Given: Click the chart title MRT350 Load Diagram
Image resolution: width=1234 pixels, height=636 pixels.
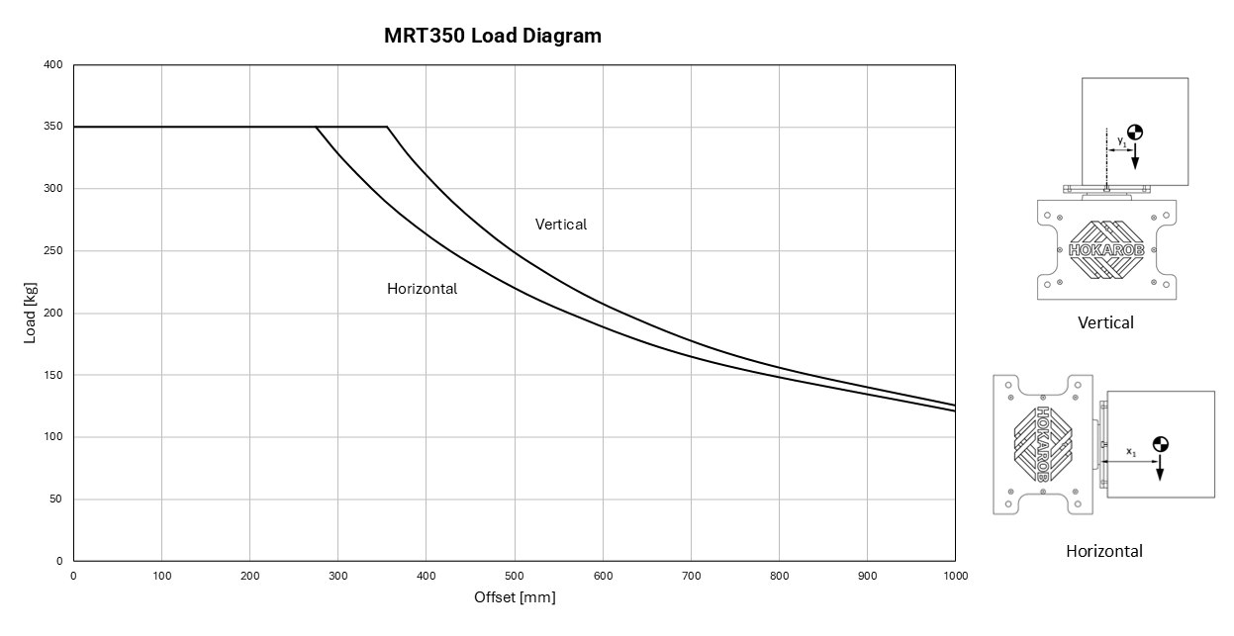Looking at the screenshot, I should click(492, 36).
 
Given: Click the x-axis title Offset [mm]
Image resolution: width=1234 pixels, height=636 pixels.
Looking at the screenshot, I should click(515, 597).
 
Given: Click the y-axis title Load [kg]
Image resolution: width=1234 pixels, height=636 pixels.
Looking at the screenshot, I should click(30, 313).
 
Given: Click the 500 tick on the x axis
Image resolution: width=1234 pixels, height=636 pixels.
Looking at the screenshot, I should click(515, 576).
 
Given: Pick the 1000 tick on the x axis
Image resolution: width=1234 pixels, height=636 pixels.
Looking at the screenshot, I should click(954, 576).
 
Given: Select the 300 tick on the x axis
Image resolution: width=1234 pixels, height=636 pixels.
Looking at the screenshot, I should click(337, 576).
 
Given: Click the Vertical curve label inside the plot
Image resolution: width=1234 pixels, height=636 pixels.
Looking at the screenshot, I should click(560, 225).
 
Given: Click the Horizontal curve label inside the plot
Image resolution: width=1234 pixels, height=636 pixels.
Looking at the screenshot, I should click(422, 289).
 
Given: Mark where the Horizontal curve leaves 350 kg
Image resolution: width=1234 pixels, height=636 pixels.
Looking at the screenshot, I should click(316, 127).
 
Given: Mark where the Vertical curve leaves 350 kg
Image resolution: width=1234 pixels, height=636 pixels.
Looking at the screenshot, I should click(387, 127).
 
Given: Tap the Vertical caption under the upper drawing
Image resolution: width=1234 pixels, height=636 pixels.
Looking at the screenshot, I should click(1105, 322).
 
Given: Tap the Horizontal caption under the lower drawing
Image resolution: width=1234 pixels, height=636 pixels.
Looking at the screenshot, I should click(1103, 551).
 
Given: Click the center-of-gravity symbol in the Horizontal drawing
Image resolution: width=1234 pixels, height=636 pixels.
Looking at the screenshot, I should click(1160, 444).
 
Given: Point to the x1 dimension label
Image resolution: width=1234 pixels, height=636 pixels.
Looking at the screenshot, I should click(1131, 452).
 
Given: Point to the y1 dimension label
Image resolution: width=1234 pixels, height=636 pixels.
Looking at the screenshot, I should click(1121, 142).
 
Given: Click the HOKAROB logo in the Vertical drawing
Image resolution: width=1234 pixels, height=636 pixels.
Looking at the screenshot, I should click(1106, 250).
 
